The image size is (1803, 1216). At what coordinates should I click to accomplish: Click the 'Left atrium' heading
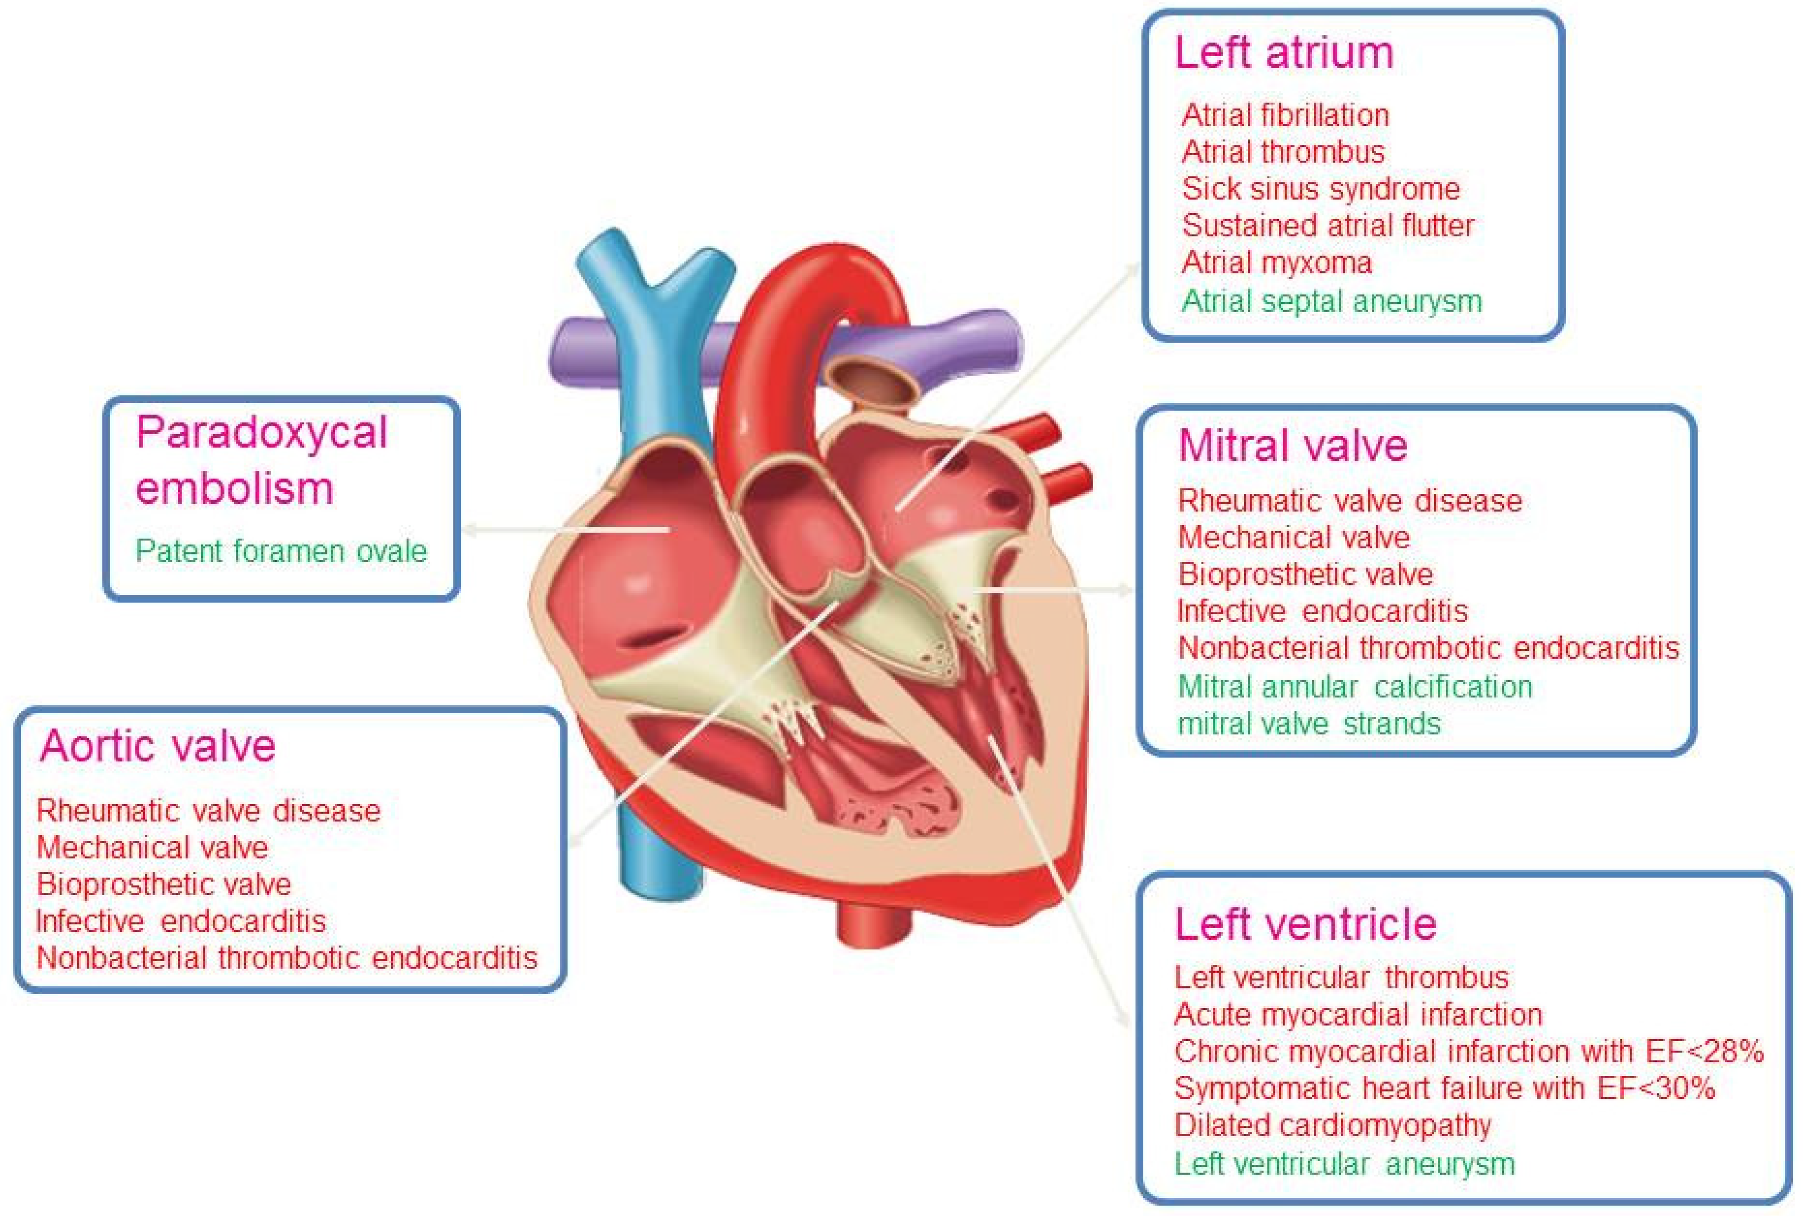pyautogui.click(x=1284, y=53)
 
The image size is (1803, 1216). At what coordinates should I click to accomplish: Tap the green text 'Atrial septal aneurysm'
pyautogui.click(x=1331, y=301)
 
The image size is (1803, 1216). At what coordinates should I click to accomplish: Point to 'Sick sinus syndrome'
pyautogui.click(x=1320, y=189)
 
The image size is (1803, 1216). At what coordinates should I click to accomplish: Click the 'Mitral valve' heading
pyautogui.click(x=1292, y=445)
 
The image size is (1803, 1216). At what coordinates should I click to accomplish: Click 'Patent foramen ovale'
pyautogui.click(x=281, y=551)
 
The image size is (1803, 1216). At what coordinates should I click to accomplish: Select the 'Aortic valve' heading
pyautogui.click(x=157, y=746)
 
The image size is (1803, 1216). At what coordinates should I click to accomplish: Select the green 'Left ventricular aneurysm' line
pyautogui.click(x=1344, y=1163)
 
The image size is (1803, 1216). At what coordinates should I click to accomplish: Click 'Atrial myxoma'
pyautogui.click(x=1276, y=262)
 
